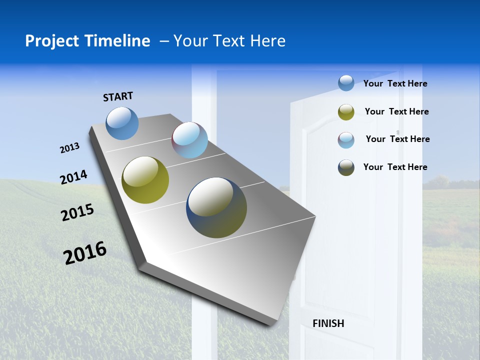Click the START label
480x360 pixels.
[118, 96]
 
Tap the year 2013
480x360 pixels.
[70, 148]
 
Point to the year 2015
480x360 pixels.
[77, 212]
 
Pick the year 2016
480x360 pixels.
[85, 252]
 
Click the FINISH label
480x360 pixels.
[328, 323]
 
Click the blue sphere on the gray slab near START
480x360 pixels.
[122, 123]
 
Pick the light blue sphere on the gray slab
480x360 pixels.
[189, 140]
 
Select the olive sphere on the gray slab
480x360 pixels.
[145, 180]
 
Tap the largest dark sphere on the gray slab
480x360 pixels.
[216, 207]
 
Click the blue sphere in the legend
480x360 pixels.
[346, 83]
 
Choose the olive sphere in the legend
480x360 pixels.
[346, 112]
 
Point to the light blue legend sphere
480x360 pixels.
[346, 140]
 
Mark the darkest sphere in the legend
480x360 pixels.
[346, 167]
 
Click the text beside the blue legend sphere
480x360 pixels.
[395, 83]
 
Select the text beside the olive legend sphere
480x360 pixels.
[396, 111]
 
